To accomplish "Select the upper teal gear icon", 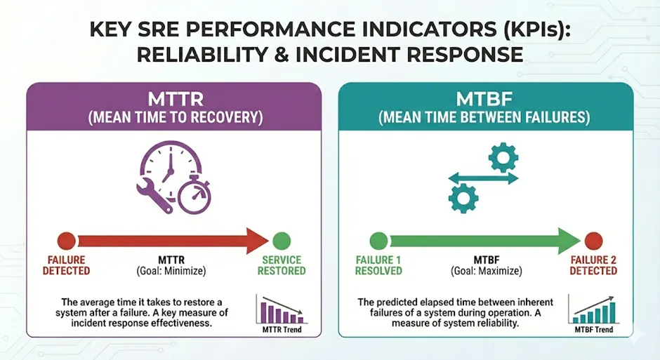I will (x=503, y=158).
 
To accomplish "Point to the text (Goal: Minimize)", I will (x=172, y=270).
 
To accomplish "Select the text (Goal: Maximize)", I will (x=484, y=270).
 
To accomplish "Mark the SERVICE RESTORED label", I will (x=283, y=265).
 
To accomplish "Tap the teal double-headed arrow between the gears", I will (x=483, y=178).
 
